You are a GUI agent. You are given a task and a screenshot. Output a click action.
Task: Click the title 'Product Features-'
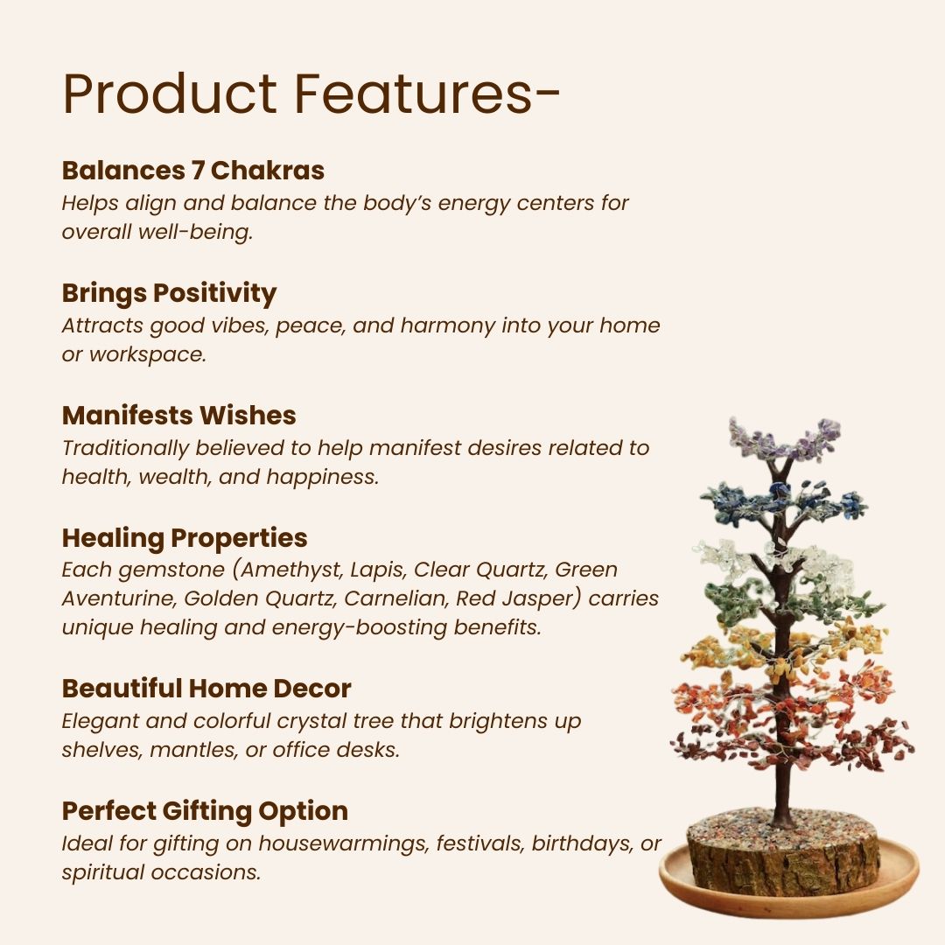[311, 94]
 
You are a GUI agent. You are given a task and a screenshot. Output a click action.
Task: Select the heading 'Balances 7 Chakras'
[192, 170]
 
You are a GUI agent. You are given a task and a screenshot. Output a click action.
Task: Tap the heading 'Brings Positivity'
[169, 293]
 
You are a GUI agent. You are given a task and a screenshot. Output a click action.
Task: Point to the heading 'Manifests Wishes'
[178, 415]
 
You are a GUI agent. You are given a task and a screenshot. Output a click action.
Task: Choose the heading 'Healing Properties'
[184, 537]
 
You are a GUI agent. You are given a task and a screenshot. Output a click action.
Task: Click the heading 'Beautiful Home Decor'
[206, 689]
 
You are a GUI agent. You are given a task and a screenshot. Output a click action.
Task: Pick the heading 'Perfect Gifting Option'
[205, 811]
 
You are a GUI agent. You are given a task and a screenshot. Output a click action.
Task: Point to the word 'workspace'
[146, 356]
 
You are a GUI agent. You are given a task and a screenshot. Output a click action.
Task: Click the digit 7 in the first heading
[197, 170]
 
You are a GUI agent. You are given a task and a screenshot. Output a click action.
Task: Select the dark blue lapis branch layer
[783, 503]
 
